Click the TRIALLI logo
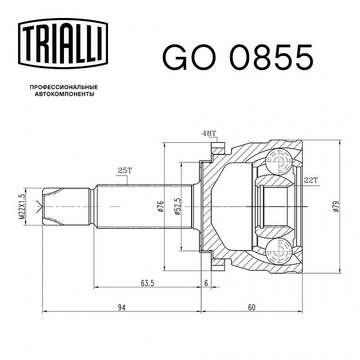(x=63, y=44)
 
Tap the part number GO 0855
(x=238, y=57)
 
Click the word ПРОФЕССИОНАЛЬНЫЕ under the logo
(x=64, y=87)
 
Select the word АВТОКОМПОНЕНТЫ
(x=64, y=94)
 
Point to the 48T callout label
(x=209, y=134)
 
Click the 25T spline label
(x=125, y=171)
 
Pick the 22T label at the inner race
(x=310, y=180)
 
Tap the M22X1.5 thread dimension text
(x=21, y=207)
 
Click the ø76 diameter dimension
(x=161, y=206)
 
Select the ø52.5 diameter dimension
(x=178, y=207)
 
